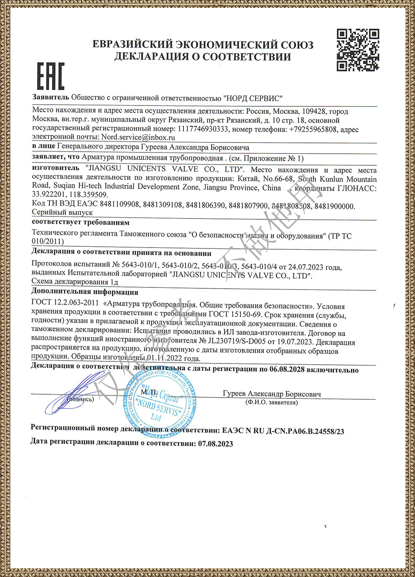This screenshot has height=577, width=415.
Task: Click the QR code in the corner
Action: (358, 50)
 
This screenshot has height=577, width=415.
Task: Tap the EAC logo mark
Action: (51, 76)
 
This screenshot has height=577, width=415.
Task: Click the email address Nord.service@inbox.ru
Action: (138, 137)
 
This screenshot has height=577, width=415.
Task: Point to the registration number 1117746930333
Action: (203, 129)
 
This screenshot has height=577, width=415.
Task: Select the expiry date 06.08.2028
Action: (287, 370)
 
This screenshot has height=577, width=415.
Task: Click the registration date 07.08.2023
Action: (215, 444)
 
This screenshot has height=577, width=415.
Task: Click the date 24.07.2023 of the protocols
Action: (305, 267)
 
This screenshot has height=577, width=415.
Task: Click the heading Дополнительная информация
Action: (85, 292)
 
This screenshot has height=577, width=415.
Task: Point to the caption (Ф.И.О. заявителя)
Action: (271, 402)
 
